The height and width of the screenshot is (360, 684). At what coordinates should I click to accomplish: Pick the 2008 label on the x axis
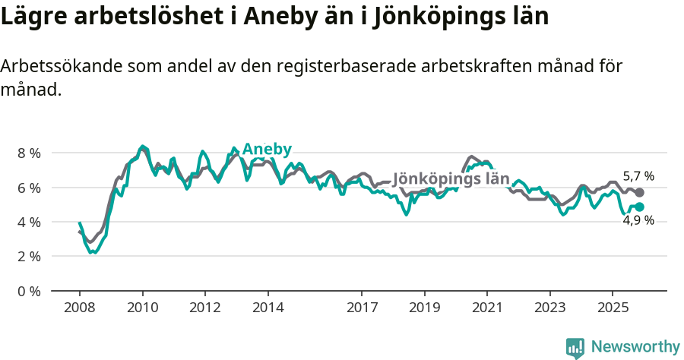click(x=79, y=308)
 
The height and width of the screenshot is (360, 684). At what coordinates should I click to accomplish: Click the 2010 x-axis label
click(x=142, y=308)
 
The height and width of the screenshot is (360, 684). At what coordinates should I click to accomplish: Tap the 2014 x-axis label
click(x=268, y=308)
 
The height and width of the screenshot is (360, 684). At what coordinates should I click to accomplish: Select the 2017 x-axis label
click(x=362, y=308)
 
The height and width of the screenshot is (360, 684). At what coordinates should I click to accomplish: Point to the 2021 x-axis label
click(x=487, y=308)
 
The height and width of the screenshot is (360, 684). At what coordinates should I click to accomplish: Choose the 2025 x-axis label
click(x=613, y=308)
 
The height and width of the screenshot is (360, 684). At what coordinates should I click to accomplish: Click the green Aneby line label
click(x=267, y=149)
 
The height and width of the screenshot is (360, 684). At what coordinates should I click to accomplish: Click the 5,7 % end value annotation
click(x=638, y=176)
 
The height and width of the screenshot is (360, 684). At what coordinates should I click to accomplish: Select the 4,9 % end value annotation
click(x=638, y=221)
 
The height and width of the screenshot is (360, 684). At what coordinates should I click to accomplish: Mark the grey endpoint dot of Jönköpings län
click(x=639, y=193)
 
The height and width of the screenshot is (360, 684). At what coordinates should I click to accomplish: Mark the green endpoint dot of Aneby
click(x=639, y=207)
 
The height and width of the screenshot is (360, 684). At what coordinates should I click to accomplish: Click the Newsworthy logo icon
click(x=575, y=348)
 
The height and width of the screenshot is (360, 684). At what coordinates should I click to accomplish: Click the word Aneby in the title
click(x=337, y=17)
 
